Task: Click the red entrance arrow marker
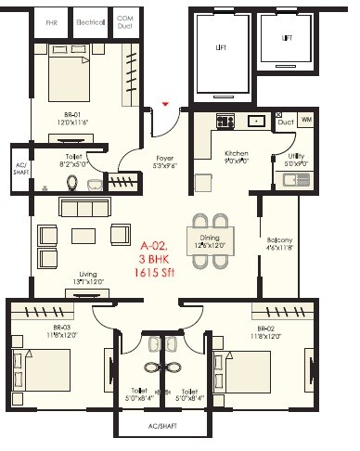165,104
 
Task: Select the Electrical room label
90,19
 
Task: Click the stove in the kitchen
225,121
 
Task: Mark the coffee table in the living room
84,235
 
